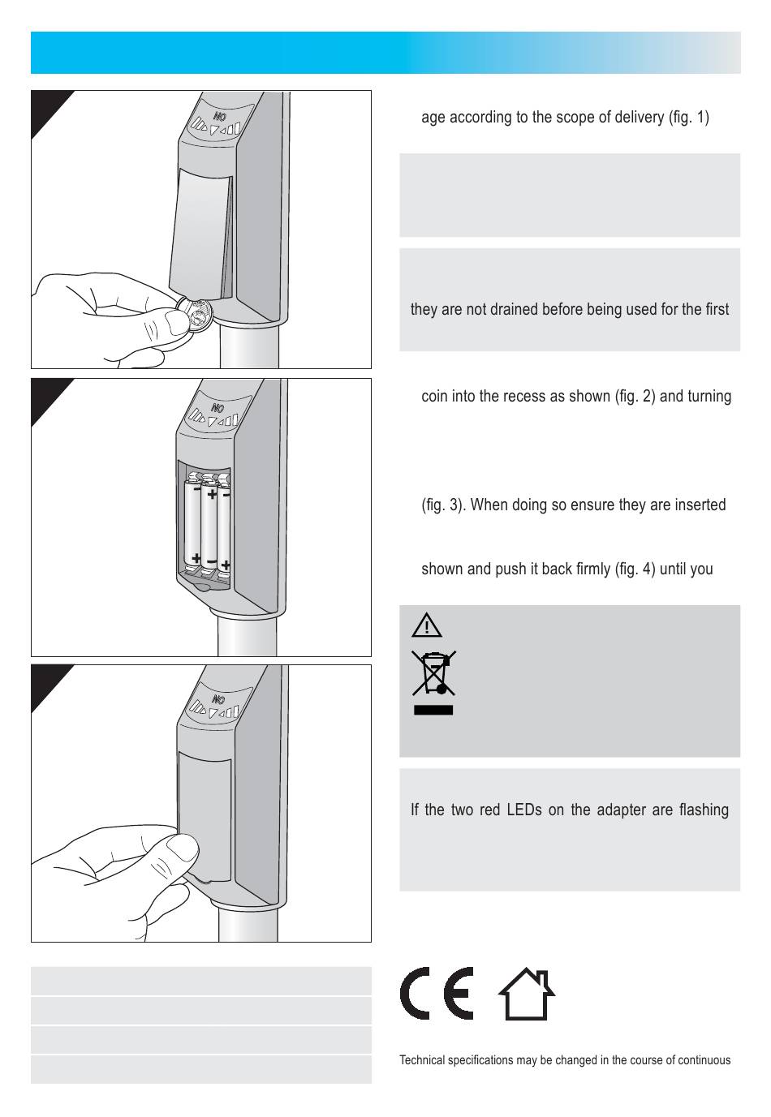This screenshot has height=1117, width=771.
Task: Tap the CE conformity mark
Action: [437, 993]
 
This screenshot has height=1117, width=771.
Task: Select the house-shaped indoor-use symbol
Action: [527, 994]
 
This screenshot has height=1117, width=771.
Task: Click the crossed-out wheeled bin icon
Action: [433, 672]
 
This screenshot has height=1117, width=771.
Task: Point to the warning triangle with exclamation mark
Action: [427, 625]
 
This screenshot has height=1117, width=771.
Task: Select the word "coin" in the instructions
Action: [435, 396]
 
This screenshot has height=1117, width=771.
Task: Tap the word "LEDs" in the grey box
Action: [524, 810]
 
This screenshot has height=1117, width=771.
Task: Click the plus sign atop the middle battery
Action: [212, 494]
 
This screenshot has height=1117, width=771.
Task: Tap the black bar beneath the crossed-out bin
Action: [433, 710]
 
